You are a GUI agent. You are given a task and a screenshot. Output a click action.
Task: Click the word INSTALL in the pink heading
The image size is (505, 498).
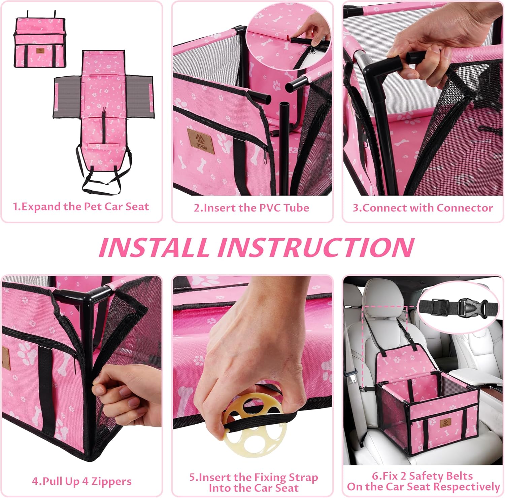click(153, 247)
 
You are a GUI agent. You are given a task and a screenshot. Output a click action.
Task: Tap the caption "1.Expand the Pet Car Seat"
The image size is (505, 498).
click(81, 206)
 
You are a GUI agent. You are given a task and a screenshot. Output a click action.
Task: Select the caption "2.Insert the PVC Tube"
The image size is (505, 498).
click(251, 208)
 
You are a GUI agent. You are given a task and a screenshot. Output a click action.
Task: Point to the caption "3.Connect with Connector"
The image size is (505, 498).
click(423, 208)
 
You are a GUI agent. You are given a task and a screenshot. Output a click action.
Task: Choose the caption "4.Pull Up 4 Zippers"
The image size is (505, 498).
click(81, 481)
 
